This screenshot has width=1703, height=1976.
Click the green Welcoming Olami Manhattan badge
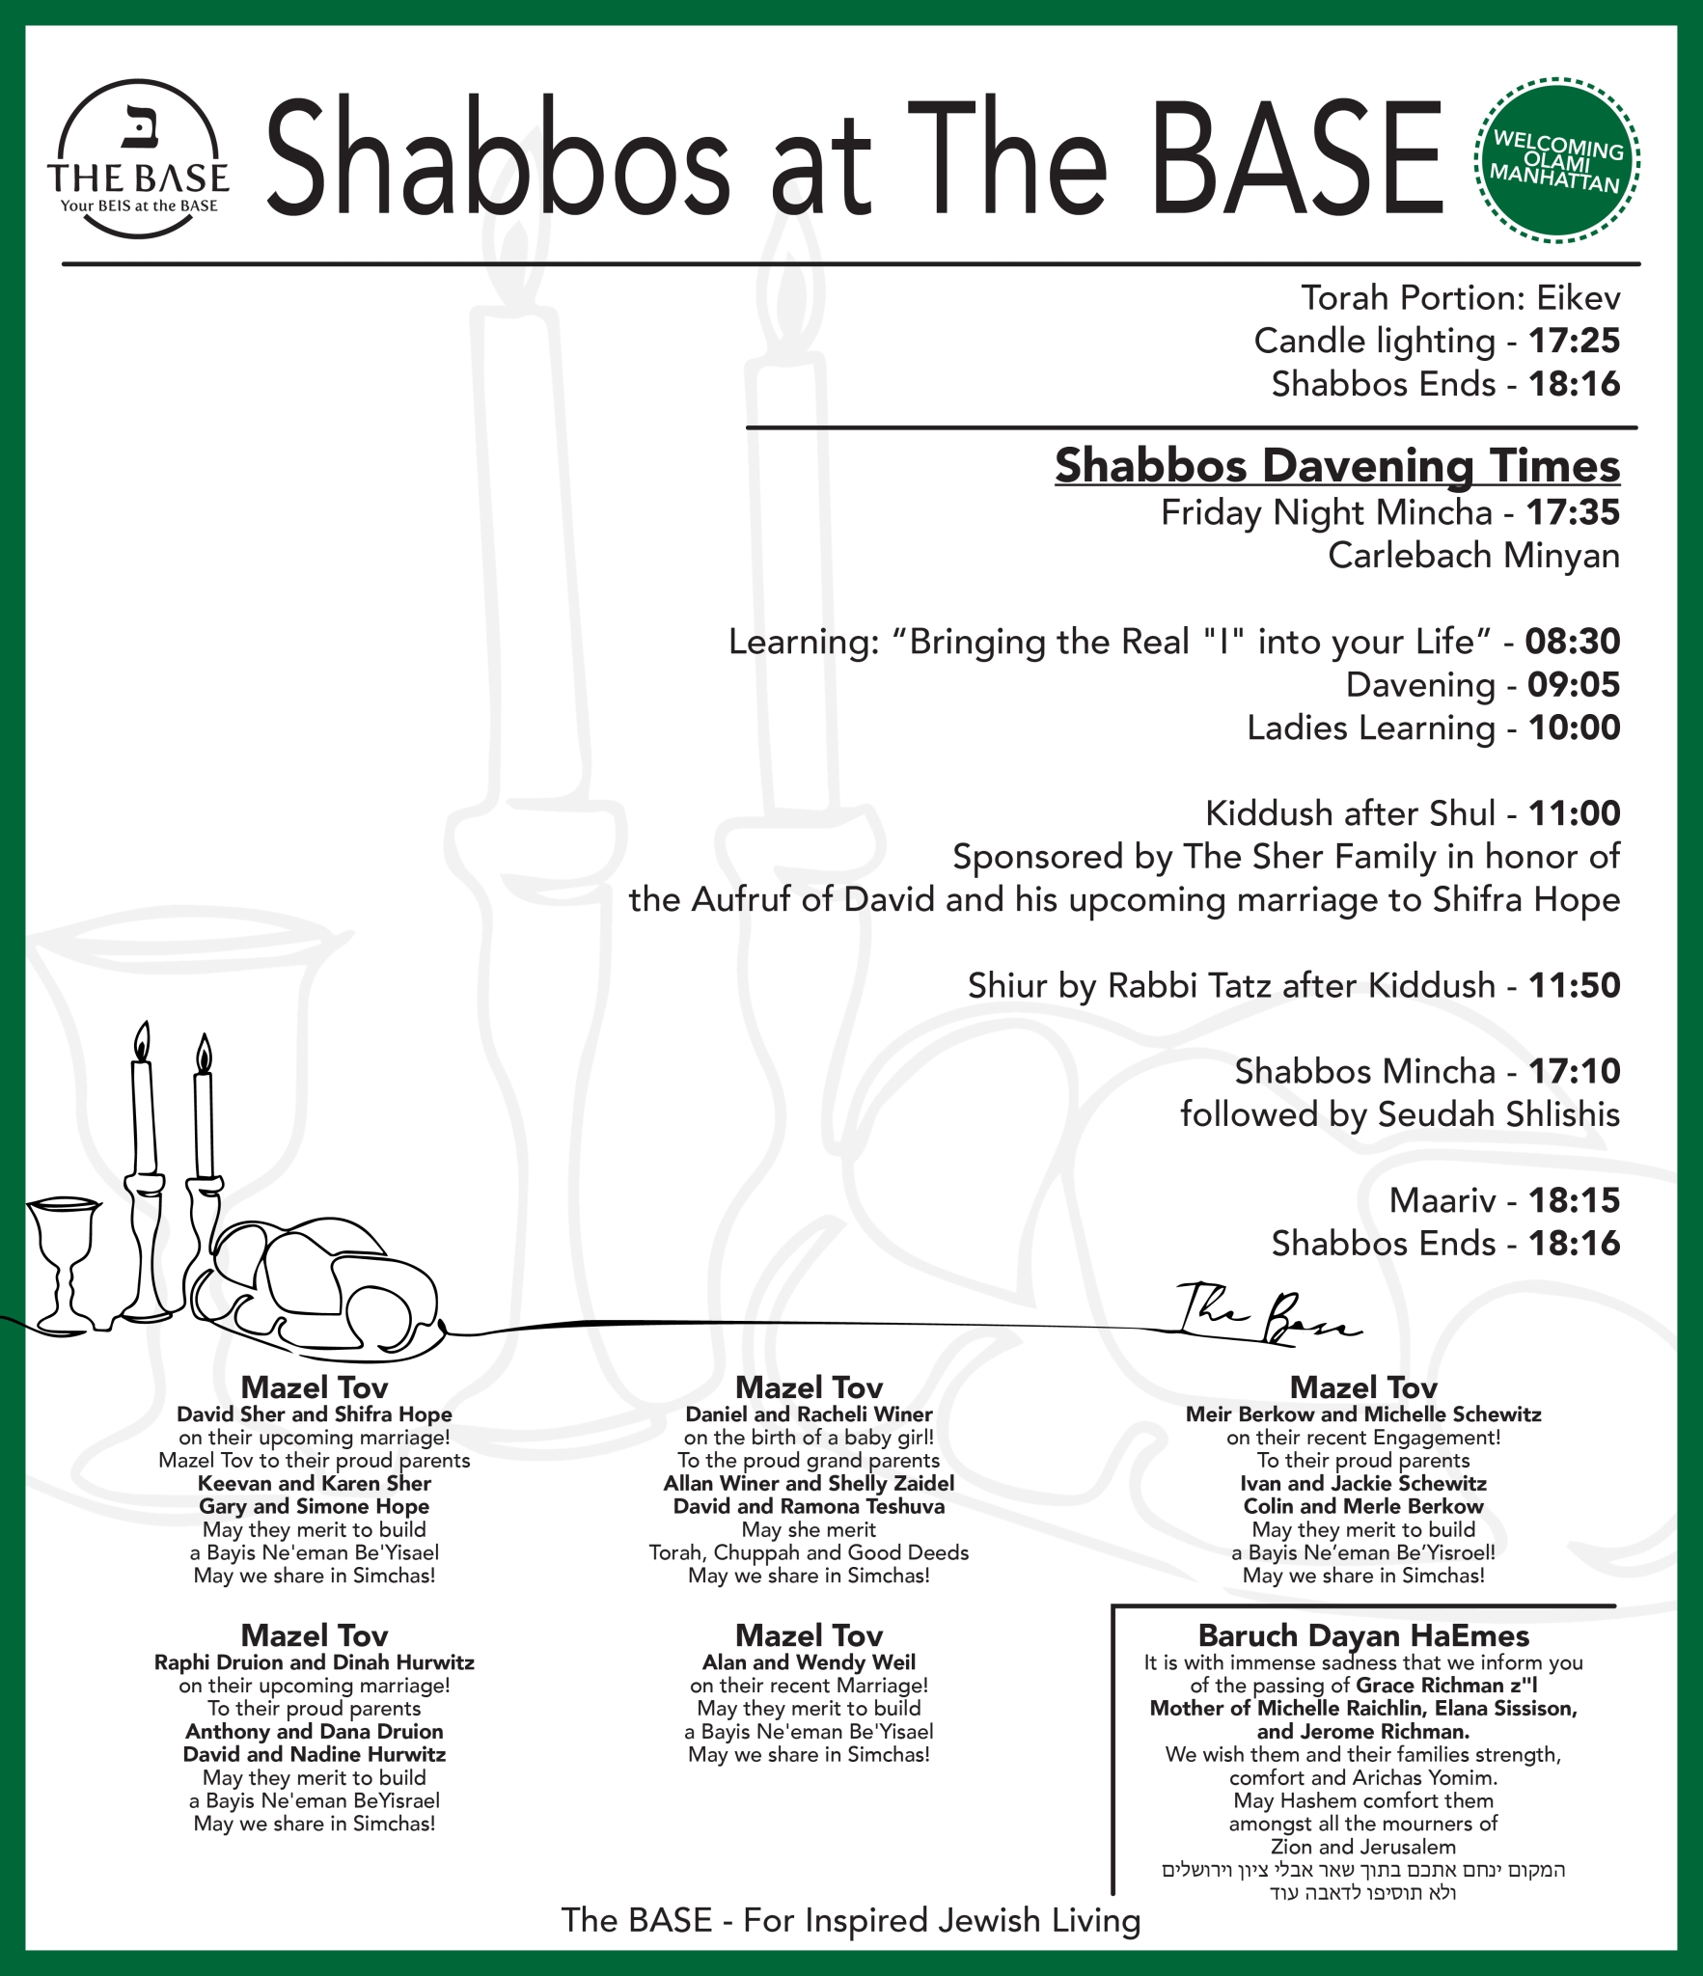[1556, 160]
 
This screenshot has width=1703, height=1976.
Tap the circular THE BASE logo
[138, 159]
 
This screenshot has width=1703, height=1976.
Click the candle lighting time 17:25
[1574, 342]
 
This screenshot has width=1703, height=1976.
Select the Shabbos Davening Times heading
[1336, 466]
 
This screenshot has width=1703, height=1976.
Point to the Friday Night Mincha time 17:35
[1573, 513]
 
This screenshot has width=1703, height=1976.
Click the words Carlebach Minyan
[1473, 556]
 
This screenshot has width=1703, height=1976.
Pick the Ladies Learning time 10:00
[1574, 728]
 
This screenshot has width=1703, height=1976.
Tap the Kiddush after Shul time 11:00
[1574, 814]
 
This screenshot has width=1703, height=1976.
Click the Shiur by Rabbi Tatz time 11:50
[1574, 986]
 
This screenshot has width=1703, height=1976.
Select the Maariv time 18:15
[1574, 1201]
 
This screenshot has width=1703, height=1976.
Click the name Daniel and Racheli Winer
[809, 1414]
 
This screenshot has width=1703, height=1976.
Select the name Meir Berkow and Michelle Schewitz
[1362, 1414]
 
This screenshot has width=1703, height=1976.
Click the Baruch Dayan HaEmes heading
[1362, 1635]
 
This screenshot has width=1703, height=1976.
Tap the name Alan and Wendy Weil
[809, 1662]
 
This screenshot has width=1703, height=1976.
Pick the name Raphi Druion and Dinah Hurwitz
[315, 1662]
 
